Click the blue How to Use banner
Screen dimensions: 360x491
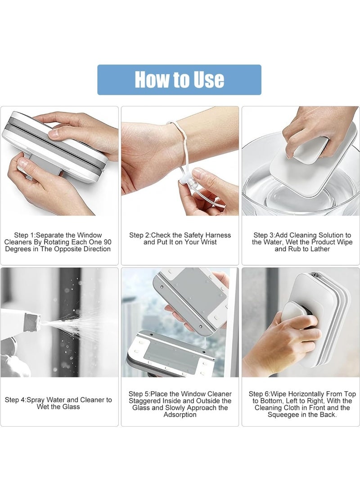179,80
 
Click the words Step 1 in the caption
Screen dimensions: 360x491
24,235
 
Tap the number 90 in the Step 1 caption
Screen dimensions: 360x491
107,242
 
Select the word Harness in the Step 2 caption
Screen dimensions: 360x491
218,235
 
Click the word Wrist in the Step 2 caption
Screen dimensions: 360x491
208,242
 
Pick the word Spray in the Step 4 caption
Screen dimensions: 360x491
36,400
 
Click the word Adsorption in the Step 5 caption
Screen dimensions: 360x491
180,415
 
